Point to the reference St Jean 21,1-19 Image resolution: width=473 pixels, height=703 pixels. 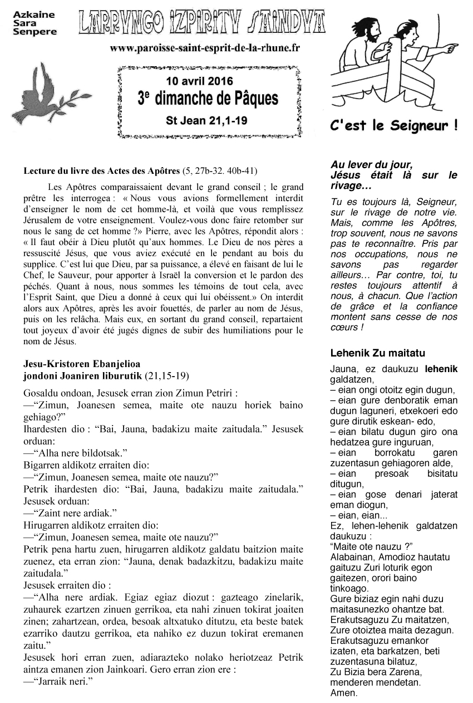pyautogui.click(x=206, y=119)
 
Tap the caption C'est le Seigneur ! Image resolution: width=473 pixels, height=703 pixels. pyautogui.click(x=394, y=126)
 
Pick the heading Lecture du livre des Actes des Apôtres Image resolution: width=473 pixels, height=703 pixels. pyautogui.click(x=102, y=170)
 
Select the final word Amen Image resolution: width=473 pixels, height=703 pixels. pyautogui.click(x=343, y=693)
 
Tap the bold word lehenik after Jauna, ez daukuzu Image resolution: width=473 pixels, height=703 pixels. pyautogui.click(x=441, y=368)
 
